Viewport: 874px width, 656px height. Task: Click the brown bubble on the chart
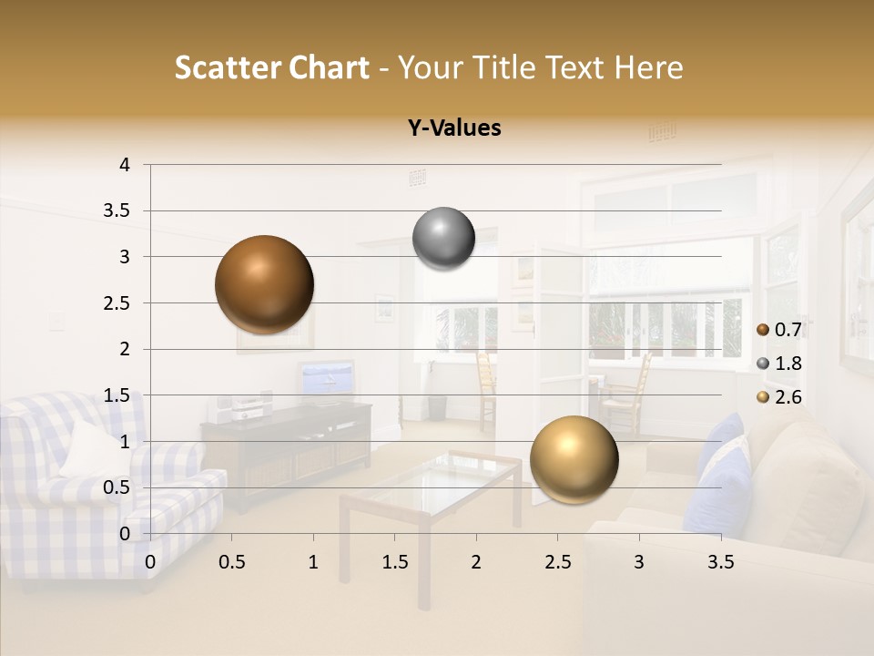(x=265, y=284)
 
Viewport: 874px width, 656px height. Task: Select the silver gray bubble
(x=443, y=239)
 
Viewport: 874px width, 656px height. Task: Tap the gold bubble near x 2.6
(x=574, y=460)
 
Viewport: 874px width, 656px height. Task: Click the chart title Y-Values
(x=454, y=128)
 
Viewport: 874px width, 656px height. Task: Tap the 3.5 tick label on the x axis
(x=720, y=562)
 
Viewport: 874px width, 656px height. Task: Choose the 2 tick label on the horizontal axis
(x=476, y=562)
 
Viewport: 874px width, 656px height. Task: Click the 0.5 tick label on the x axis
(x=231, y=562)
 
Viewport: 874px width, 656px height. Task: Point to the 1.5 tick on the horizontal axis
(x=394, y=562)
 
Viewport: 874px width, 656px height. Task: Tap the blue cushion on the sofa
(x=724, y=469)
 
